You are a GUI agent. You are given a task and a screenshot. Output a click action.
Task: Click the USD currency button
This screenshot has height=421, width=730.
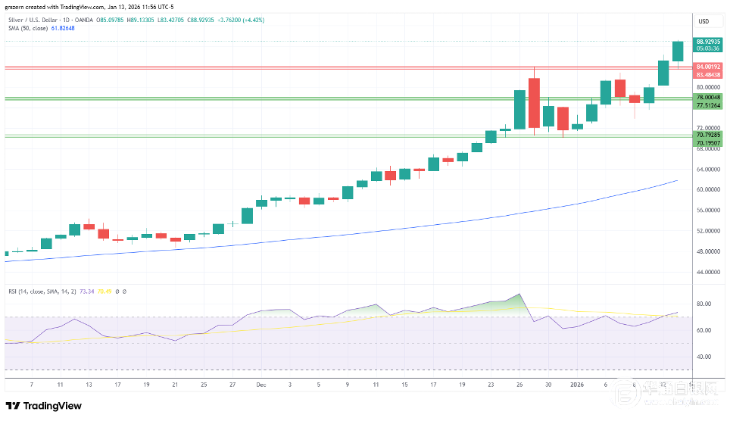(703, 21)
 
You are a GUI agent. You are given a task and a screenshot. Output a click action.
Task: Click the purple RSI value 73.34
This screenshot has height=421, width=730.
(89, 291)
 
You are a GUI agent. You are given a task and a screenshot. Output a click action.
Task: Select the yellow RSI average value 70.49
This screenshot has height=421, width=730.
(106, 291)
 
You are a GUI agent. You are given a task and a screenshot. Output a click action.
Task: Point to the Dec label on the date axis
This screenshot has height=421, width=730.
(260, 384)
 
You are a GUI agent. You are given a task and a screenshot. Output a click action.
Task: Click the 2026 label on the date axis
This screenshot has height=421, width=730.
(577, 384)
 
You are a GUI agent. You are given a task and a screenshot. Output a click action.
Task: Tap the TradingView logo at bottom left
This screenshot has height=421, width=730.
(43, 406)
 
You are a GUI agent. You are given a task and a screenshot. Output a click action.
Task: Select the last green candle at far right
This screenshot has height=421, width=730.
(677, 51)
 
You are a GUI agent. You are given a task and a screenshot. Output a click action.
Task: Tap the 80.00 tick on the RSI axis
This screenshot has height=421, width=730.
(704, 304)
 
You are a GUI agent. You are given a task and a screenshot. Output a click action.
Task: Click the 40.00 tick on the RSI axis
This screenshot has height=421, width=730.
(704, 357)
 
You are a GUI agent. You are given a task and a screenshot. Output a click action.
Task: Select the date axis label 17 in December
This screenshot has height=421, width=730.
(433, 384)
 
